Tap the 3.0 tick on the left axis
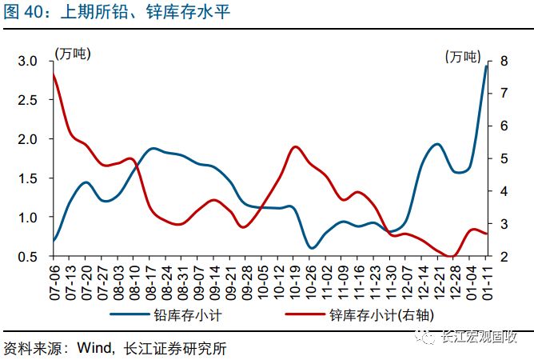click(28, 62)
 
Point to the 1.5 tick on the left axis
click(28, 178)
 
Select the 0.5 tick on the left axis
click(28, 256)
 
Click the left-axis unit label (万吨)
click(72, 54)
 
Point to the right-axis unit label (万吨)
click(463, 56)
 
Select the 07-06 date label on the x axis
click(53, 280)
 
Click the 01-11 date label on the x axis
click(487, 280)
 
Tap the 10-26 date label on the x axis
click(311, 280)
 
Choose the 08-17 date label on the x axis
click(149, 280)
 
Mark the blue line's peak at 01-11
click(486, 66)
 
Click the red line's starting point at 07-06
click(54, 74)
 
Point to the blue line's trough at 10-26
click(312, 248)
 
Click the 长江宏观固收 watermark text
click(480, 338)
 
